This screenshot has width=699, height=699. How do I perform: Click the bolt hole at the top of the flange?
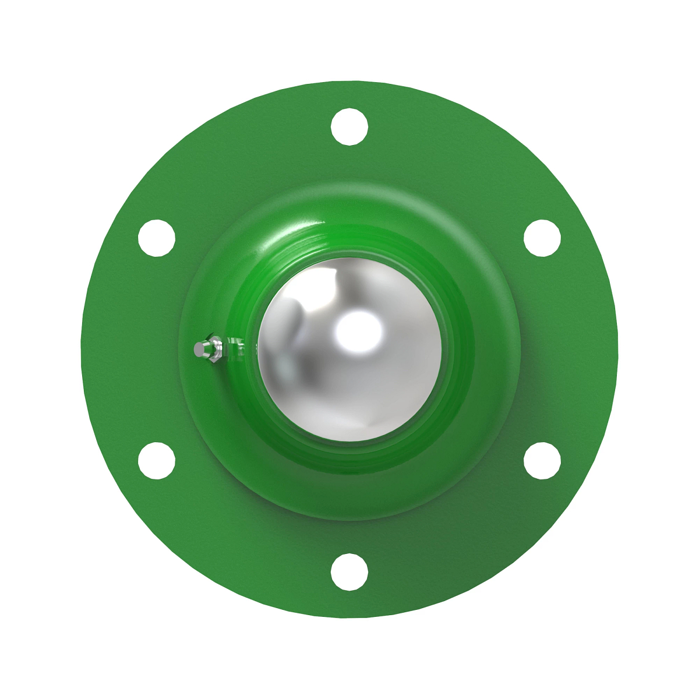[x=349, y=126]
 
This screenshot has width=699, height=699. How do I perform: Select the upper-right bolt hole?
[x=542, y=238]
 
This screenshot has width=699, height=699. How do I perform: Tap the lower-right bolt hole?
[x=542, y=461]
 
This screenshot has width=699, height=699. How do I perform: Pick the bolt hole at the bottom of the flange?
[x=349, y=572]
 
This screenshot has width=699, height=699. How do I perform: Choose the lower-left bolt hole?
[x=157, y=461]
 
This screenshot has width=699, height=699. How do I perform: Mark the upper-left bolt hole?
[x=157, y=238]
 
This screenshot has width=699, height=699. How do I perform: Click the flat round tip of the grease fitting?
[x=200, y=349]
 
